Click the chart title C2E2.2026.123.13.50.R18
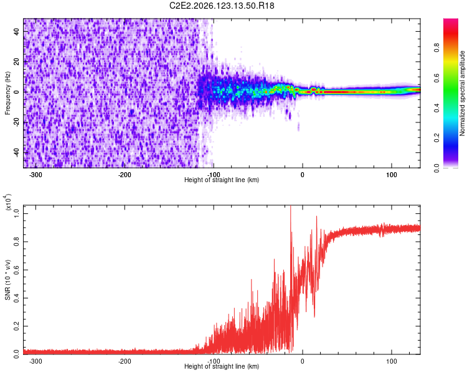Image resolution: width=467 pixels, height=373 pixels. (x=222, y=6)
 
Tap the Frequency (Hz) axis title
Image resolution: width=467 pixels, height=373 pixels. (x=7, y=93)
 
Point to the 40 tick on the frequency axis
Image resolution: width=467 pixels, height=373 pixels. (x=17, y=31)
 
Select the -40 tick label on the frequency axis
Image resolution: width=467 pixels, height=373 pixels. (x=17, y=153)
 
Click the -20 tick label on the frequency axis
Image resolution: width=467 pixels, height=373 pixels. (x=17, y=123)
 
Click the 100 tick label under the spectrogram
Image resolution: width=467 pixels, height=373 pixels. (x=392, y=175)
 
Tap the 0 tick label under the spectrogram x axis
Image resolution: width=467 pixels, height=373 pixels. (x=302, y=175)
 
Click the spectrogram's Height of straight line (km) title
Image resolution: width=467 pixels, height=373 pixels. (x=222, y=180)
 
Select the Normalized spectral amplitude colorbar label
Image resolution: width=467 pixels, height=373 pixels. (x=462, y=93)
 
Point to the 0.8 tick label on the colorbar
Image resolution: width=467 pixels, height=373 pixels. (x=436, y=48)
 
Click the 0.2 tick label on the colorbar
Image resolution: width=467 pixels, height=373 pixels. (x=436, y=138)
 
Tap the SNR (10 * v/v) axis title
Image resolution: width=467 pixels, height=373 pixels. (x=7, y=280)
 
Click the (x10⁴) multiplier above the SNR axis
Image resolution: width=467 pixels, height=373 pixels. (x=8, y=202)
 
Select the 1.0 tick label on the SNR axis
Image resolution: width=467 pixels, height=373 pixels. (x=17, y=214)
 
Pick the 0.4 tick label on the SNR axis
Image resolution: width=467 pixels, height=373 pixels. (x=17, y=298)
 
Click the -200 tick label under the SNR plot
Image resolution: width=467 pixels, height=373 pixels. (x=124, y=361)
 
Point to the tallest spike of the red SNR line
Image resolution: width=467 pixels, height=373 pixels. (x=291, y=206)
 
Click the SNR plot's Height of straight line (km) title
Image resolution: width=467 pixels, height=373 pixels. (x=222, y=366)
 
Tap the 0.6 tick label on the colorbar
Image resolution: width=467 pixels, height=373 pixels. (x=436, y=78)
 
